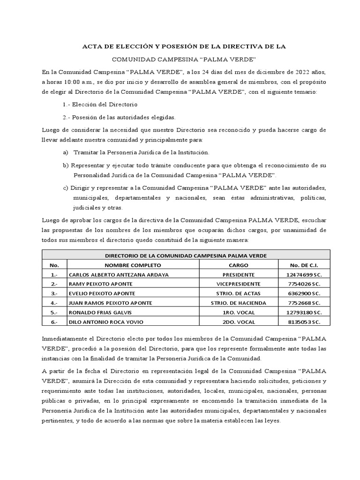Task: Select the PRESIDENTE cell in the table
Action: click(x=239, y=275)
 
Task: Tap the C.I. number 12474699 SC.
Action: click(x=304, y=275)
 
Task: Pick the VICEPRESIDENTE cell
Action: click(x=239, y=284)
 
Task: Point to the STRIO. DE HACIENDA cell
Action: click(x=239, y=303)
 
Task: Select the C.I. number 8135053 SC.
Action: click(x=304, y=322)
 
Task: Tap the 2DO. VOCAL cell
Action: click(x=239, y=322)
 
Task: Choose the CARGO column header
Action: click(x=239, y=265)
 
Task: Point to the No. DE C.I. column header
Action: click(x=304, y=265)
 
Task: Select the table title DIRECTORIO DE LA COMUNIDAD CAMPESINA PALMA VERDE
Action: click(x=186, y=255)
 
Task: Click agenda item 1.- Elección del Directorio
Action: click(x=100, y=104)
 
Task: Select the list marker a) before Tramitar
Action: click(x=65, y=152)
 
